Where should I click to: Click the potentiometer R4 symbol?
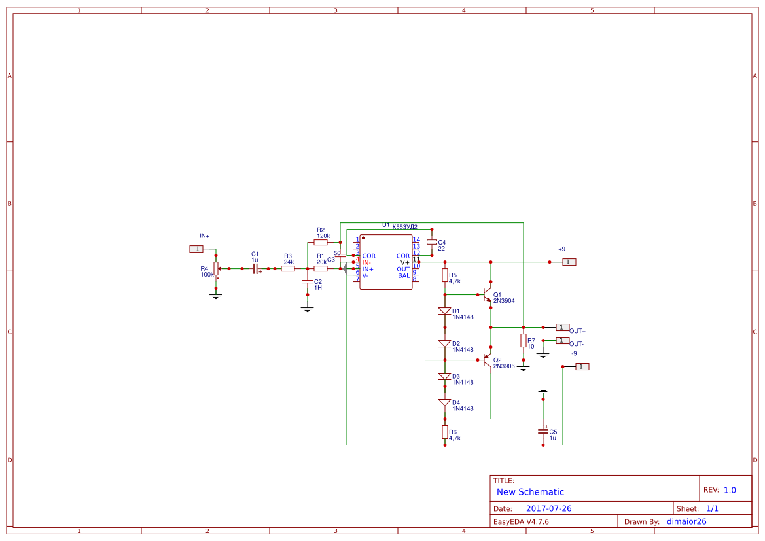[216, 269]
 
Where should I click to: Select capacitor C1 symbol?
[255, 268]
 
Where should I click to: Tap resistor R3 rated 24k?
[288, 268]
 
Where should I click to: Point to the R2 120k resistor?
[321, 242]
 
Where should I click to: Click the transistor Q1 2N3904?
[488, 295]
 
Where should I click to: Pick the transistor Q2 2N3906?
[488, 360]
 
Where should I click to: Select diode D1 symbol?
[445, 311]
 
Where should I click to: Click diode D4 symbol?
[445, 402]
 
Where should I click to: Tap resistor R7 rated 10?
[523, 340]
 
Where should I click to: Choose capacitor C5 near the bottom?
[543, 431]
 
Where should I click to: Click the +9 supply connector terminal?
[569, 262]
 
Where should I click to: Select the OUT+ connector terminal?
[563, 327]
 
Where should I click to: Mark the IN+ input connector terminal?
[196, 249]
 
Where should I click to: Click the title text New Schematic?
[530, 492]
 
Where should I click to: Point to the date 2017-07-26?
[548, 508]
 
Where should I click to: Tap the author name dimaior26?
[686, 521]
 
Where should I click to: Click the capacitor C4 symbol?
[431, 242]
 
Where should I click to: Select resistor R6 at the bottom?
[445, 432]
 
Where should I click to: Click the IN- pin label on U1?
[367, 262]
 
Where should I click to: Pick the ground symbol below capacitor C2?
[307, 308]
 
